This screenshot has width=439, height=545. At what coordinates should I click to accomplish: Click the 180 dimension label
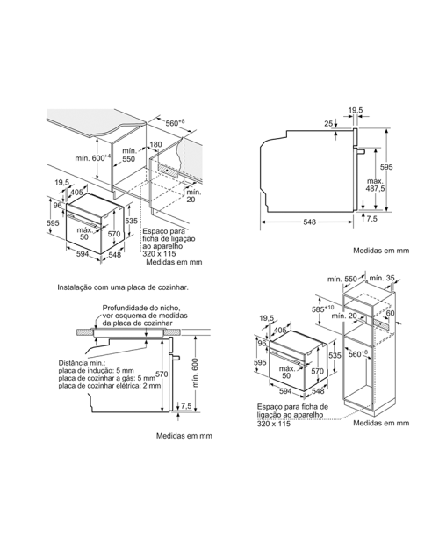point(155,144)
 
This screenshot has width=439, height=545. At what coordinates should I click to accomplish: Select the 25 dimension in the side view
point(328,123)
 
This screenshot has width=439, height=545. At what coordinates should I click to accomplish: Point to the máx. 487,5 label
point(375,185)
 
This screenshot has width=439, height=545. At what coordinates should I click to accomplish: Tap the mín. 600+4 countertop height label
point(92,157)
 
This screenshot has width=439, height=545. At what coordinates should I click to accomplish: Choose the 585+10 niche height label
point(326,309)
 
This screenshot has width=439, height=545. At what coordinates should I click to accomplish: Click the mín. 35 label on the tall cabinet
point(382,278)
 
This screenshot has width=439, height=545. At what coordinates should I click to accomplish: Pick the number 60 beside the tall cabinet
point(390,313)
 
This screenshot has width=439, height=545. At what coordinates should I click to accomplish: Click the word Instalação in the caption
point(72,287)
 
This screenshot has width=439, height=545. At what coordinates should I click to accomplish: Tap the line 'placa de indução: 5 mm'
point(96,371)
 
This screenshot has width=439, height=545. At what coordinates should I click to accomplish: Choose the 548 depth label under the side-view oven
point(310,222)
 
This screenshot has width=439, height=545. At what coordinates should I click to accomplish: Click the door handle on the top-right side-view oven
point(359,151)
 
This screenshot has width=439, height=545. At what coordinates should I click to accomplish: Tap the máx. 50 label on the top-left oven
point(84,234)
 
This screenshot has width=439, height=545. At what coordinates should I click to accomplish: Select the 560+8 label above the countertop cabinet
point(175,123)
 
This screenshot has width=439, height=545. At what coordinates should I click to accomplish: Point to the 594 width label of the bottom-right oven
point(285,391)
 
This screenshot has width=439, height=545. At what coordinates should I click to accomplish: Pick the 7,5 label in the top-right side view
point(371,219)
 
